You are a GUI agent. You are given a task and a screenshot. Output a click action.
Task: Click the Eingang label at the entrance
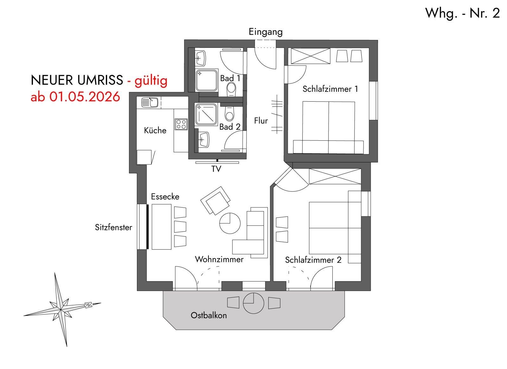pos(266,32)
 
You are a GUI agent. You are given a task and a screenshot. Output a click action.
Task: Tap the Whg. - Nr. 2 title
pos(462,13)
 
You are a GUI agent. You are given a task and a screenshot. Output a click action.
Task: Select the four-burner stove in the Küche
pos(181,124)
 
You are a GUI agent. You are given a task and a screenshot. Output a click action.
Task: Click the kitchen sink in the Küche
pos(150,103)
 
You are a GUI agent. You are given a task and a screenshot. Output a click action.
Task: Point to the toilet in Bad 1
pos(231,89)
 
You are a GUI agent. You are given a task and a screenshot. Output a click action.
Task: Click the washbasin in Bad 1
pos(200,58)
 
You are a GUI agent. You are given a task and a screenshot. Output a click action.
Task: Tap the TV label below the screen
pos(216,169)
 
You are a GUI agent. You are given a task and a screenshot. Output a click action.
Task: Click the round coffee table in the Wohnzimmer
pos(230,223)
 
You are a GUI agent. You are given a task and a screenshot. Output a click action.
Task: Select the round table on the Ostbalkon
pos(253,303)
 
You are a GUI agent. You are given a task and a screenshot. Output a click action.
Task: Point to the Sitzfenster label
pos(113,227)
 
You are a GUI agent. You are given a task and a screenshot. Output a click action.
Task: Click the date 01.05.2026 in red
pos(85,97)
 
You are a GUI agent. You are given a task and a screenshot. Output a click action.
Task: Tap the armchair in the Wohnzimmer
pos(215,201)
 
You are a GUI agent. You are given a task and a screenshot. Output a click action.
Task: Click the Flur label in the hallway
pos(261,121)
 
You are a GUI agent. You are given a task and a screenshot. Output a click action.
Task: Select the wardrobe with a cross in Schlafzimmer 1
pos(310,56)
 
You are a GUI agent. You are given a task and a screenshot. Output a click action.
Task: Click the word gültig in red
pos(151,80)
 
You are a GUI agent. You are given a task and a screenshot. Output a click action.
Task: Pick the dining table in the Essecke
pos(161,227)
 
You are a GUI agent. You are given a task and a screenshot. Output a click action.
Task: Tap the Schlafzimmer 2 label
pos(313,260)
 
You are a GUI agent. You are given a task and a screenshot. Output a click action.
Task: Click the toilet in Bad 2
pos(229,114)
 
